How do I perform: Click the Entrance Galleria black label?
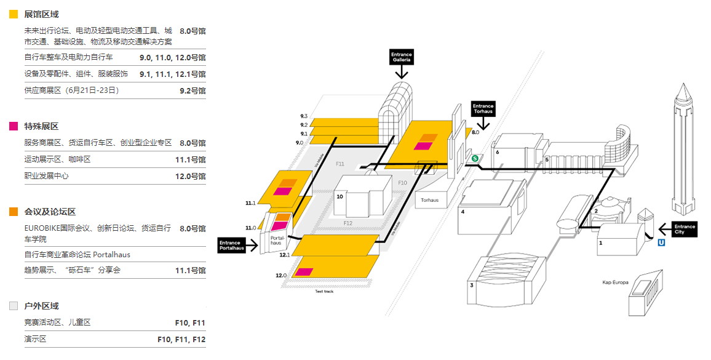coord(402,57)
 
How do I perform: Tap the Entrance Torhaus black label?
coord(483,109)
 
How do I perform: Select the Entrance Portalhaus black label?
coord(231,246)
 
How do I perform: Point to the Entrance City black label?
coord(684,230)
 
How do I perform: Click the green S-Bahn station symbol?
coord(475,158)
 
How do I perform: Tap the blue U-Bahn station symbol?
coord(662,242)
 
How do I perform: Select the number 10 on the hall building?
coord(340,196)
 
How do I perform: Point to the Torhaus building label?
coord(430,200)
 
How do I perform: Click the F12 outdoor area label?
coord(348,223)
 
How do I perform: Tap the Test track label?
coord(324,291)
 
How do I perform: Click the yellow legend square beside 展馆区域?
coord(14,14)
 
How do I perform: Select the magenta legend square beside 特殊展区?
coord(14,126)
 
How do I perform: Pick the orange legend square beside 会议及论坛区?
coord(14,212)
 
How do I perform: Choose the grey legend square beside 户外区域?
coord(14,306)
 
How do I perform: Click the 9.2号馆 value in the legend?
coord(193,90)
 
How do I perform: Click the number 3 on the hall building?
coord(472,285)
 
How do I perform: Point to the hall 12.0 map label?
coord(282,275)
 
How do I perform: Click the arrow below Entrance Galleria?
coord(402,72)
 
